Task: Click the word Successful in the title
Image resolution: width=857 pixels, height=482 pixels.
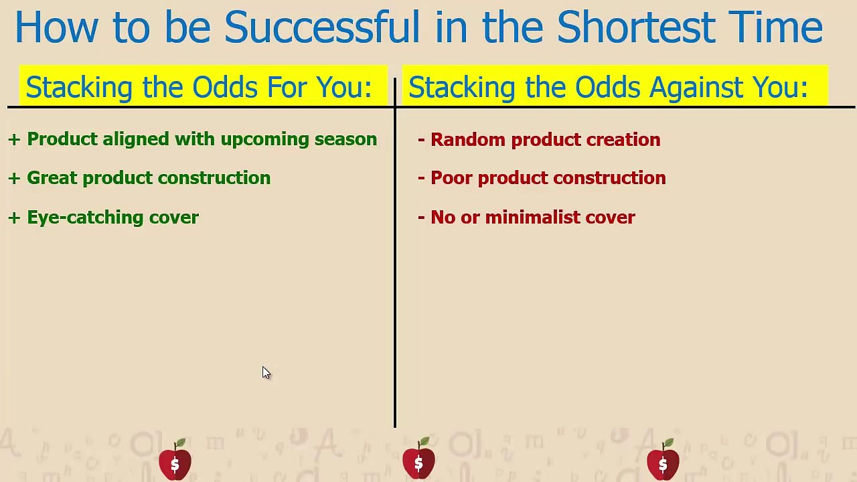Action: coord(321,28)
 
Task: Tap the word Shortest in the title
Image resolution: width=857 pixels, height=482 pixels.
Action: coord(635,28)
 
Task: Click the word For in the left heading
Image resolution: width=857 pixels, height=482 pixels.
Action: coord(282,88)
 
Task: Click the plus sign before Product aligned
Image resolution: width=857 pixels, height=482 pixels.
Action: coord(14,139)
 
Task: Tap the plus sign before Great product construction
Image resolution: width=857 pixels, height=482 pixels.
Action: coord(14,178)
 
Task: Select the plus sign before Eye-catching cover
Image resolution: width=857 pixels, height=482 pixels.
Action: coord(14,218)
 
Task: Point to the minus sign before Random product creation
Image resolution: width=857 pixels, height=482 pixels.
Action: coord(421,140)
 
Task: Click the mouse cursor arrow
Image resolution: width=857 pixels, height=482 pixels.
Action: coord(266,373)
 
